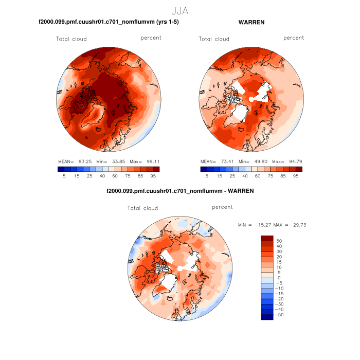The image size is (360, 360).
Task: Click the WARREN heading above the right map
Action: click(x=251, y=22)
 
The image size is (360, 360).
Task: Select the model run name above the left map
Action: click(x=109, y=22)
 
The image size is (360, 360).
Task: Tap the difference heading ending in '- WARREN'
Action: click(x=179, y=191)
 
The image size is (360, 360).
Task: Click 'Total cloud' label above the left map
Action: click(x=71, y=39)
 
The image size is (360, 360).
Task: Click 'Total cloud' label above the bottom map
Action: click(x=142, y=208)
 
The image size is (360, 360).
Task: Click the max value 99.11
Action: click(x=152, y=161)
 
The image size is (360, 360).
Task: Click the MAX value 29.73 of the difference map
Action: click(x=298, y=225)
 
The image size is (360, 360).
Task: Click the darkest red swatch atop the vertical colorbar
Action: click(x=267, y=238)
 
